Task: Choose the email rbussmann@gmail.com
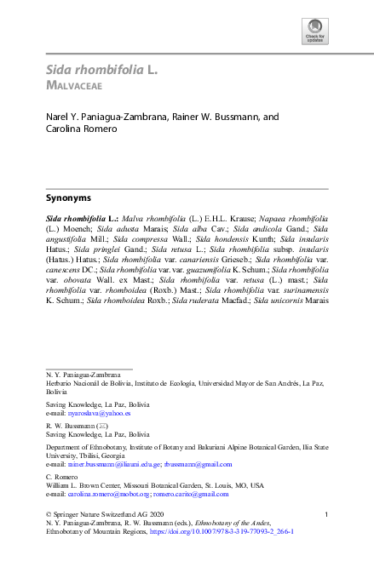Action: click(x=198, y=464)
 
